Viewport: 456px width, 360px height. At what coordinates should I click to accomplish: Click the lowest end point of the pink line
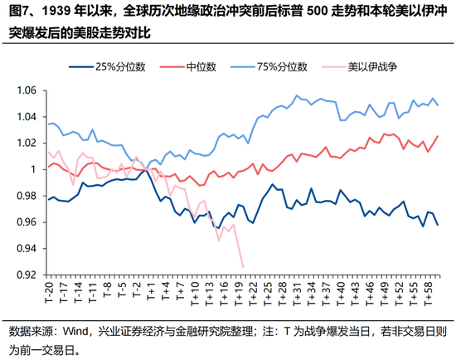(243, 267)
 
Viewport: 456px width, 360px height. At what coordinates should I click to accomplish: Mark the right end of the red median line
(438, 136)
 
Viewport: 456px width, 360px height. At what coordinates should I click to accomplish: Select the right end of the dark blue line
(438, 225)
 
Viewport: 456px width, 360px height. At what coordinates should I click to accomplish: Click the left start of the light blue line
(48, 124)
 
